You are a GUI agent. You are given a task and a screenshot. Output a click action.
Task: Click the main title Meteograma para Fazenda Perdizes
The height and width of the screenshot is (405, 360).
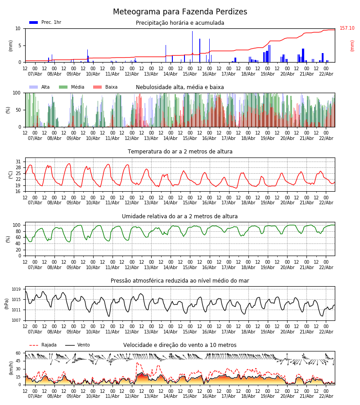[180, 12]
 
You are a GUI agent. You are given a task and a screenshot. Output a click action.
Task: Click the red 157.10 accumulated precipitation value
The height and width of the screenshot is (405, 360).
[347, 28]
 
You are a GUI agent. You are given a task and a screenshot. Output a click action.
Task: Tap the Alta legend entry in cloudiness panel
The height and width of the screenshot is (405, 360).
[45, 87]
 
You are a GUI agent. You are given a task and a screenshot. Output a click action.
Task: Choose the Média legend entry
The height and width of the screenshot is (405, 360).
[77, 87]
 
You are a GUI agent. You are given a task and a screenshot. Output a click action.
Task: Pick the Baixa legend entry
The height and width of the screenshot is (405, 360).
[111, 87]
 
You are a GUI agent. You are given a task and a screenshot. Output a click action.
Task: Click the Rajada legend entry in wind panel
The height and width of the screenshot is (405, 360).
[49, 345]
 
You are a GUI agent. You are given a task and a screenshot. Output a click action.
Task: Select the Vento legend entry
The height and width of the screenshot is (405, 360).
[83, 345]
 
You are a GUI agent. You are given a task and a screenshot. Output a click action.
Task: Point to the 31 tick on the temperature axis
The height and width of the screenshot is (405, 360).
[18, 162]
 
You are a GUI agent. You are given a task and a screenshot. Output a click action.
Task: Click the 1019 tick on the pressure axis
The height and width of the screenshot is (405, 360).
[16, 289]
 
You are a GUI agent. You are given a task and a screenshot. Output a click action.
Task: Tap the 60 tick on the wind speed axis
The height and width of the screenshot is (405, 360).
[18, 353]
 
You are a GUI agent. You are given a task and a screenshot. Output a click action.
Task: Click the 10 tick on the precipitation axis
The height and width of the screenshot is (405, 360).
[18, 28]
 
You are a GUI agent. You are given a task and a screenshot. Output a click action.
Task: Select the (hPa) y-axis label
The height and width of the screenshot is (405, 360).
[7, 303]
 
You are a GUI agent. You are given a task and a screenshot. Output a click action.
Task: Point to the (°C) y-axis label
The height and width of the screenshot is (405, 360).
[11, 175]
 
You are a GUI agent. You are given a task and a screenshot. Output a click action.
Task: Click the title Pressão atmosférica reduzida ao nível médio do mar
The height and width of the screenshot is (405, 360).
[180, 281]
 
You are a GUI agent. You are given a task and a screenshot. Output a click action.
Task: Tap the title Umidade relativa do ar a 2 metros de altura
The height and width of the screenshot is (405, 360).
[180, 216]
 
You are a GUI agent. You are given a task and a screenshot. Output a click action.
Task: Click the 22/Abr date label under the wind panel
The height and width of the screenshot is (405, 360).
[326, 396]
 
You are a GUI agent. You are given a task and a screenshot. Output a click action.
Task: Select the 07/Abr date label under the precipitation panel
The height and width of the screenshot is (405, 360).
[35, 74]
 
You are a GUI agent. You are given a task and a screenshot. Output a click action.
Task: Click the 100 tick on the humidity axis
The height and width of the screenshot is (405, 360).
[16, 225]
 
